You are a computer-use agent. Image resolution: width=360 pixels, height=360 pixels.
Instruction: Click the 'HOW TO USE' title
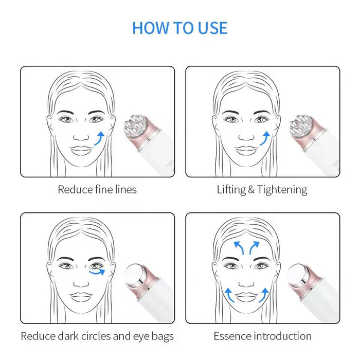point(179,27)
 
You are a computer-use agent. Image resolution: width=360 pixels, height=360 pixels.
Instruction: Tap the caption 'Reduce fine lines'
point(97,189)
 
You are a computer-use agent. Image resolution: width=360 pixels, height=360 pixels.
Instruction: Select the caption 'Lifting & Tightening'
point(262,189)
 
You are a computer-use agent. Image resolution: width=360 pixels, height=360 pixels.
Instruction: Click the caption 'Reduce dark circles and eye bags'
point(97,336)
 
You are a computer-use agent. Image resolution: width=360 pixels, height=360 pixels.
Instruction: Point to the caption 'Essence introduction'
point(262,336)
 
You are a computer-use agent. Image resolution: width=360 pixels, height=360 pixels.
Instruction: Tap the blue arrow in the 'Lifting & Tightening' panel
point(265,138)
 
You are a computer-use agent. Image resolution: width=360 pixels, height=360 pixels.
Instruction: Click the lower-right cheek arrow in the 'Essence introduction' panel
point(264,295)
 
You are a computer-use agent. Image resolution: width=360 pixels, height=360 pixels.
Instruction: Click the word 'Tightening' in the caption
point(282,189)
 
